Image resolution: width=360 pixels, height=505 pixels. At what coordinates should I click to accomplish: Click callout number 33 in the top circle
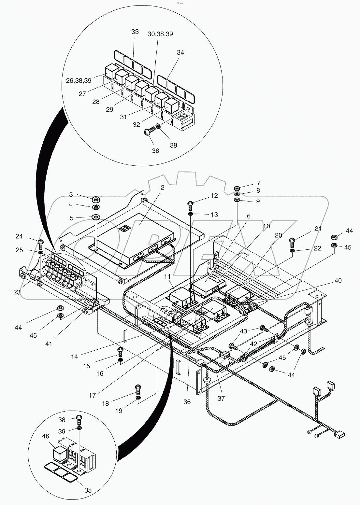coord(135,32)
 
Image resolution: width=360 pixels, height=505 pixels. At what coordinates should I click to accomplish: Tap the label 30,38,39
coord(160,34)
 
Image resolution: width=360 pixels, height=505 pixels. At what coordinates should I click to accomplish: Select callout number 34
coord(180,52)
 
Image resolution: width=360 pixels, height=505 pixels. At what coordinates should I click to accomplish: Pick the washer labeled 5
coord(96,217)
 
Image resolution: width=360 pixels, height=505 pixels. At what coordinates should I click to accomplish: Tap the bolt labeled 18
coord(138,388)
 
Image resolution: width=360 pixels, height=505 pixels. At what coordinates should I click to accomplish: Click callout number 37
coord(221,398)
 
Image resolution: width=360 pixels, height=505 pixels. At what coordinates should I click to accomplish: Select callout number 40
coord(338,280)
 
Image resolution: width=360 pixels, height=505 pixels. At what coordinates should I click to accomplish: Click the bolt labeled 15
coord(120,351)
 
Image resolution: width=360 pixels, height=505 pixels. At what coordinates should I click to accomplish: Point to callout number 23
coord(17,292)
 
